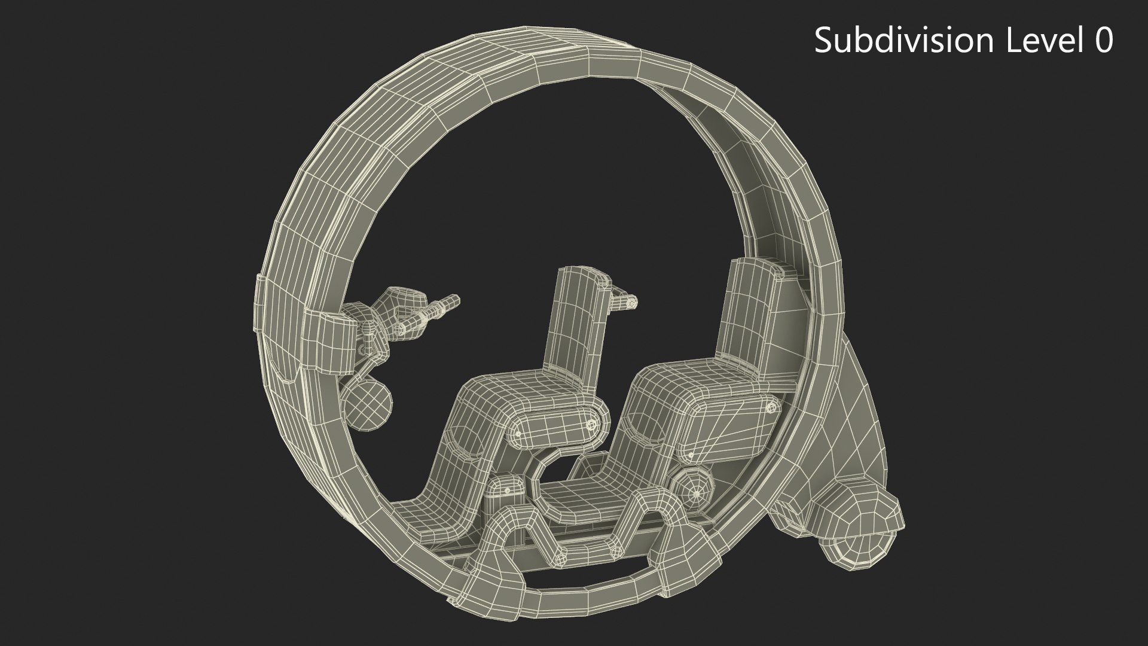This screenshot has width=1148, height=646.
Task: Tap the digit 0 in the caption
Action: coord(1102,41)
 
